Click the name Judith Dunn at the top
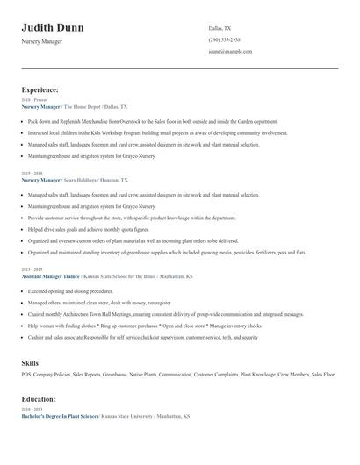coord(53,28)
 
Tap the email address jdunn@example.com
coord(231,52)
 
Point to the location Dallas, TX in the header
coord(220,29)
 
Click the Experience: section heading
coord(40,89)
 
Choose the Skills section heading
coord(30,361)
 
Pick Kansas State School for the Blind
coord(118,275)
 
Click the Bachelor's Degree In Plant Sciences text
coord(59,416)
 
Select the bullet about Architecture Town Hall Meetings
coord(165,313)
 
